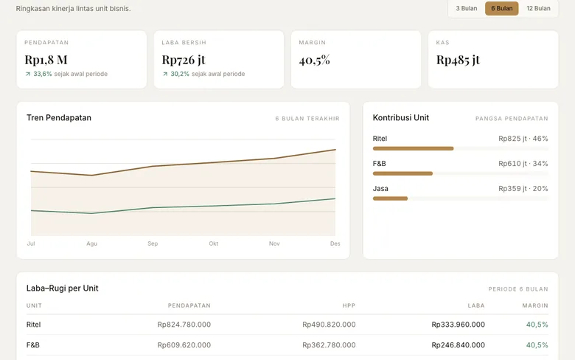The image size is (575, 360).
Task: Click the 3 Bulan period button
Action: (x=467, y=8)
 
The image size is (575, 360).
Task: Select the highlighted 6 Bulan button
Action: (x=502, y=8)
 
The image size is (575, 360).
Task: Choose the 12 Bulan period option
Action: (x=538, y=8)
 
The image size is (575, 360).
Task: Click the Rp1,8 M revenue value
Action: (x=46, y=60)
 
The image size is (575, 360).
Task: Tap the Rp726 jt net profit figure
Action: (x=184, y=60)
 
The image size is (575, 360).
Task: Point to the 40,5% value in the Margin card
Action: (x=315, y=60)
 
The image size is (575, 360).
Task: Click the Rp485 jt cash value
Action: (x=458, y=60)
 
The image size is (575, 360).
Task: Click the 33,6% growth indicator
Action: (x=38, y=74)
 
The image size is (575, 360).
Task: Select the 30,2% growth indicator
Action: (x=176, y=74)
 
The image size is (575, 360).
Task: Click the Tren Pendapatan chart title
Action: (x=59, y=118)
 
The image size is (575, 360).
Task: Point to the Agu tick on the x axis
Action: (x=91, y=243)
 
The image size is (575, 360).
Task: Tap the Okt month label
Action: (x=214, y=243)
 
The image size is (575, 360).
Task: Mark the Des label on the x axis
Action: (x=335, y=243)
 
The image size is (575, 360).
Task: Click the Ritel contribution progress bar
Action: (x=414, y=148)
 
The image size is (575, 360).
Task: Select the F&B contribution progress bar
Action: (x=402, y=173)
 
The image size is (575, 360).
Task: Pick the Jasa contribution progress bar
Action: (x=390, y=198)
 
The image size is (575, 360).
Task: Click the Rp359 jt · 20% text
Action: (x=523, y=189)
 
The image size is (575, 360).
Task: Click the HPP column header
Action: (x=349, y=305)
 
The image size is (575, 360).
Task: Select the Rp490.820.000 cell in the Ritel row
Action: (x=329, y=325)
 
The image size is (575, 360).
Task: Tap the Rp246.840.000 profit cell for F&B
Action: (x=458, y=345)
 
